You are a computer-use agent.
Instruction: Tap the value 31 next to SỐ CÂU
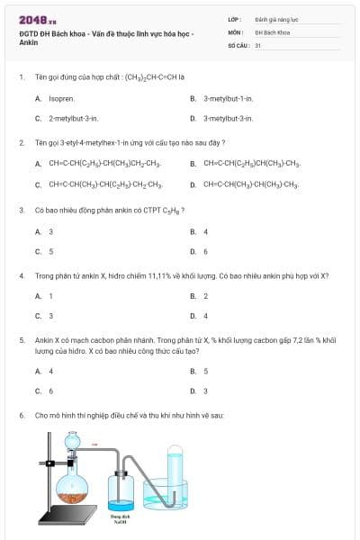(x=258, y=44)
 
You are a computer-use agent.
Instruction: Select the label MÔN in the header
(x=236, y=31)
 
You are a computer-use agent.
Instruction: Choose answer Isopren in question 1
(x=61, y=98)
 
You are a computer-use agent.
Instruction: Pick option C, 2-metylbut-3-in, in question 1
(x=74, y=118)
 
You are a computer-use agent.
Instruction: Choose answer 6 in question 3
(x=205, y=252)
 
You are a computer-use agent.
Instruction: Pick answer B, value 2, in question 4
(x=205, y=296)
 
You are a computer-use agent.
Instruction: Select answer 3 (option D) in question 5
(x=205, y=391)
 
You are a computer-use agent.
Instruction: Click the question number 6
(x=22, y=415)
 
